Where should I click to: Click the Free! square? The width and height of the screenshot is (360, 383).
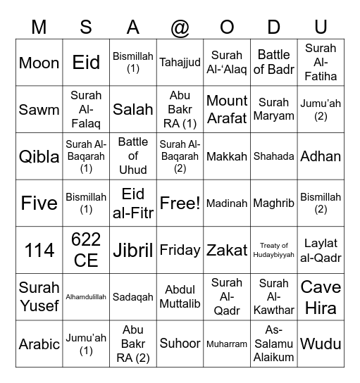(x=180, y=203)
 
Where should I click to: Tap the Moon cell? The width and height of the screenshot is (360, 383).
(x=39, y=63)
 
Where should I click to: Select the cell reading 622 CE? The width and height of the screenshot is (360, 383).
(x=86, y=250)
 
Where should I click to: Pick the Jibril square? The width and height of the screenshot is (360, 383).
(x=133, y=250)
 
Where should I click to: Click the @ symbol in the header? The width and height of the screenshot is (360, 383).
(x=180, y=27)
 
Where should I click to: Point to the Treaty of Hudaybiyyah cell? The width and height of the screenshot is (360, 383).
(x=273, y=250)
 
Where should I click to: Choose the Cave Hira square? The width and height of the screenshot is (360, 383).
(x=321, y=297)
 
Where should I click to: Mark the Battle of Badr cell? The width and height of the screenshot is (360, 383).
(x=273, y=63)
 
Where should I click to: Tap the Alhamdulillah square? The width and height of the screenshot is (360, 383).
(x=86, y=297)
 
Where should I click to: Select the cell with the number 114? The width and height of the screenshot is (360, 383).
(x=39, y=250)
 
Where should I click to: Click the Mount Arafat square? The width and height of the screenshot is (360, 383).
(x=227, y=110)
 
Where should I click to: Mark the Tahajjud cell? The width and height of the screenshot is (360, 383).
(x=180, y=63)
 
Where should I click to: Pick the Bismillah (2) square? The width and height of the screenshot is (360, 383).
(x=321, y=203)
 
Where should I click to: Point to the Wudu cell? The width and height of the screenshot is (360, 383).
(x=321, y=344)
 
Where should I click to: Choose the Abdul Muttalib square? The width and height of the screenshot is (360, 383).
(x=180, y=297)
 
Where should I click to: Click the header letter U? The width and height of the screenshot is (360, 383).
(x=321, y=27)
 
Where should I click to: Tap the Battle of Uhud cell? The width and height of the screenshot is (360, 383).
(x=133, y=156)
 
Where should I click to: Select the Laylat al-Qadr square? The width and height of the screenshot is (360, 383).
(x=321, y=250)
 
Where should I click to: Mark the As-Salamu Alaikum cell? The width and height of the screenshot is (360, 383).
(x=273, y=344)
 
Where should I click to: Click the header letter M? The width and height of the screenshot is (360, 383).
(x=39, y=27)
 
